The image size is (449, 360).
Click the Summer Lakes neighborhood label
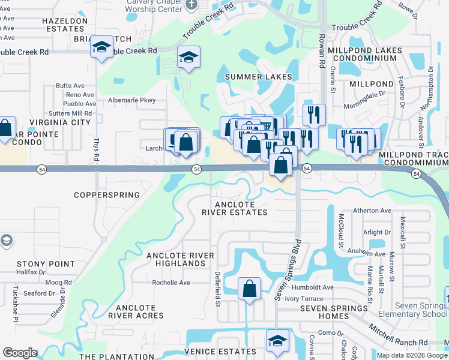258,77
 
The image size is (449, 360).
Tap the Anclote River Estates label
234,208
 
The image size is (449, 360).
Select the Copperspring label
107,195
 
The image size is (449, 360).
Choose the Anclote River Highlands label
180,260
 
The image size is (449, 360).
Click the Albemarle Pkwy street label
131,100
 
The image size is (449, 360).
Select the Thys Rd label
96,148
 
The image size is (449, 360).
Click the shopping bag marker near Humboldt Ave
249,289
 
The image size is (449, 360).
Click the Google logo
20,353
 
